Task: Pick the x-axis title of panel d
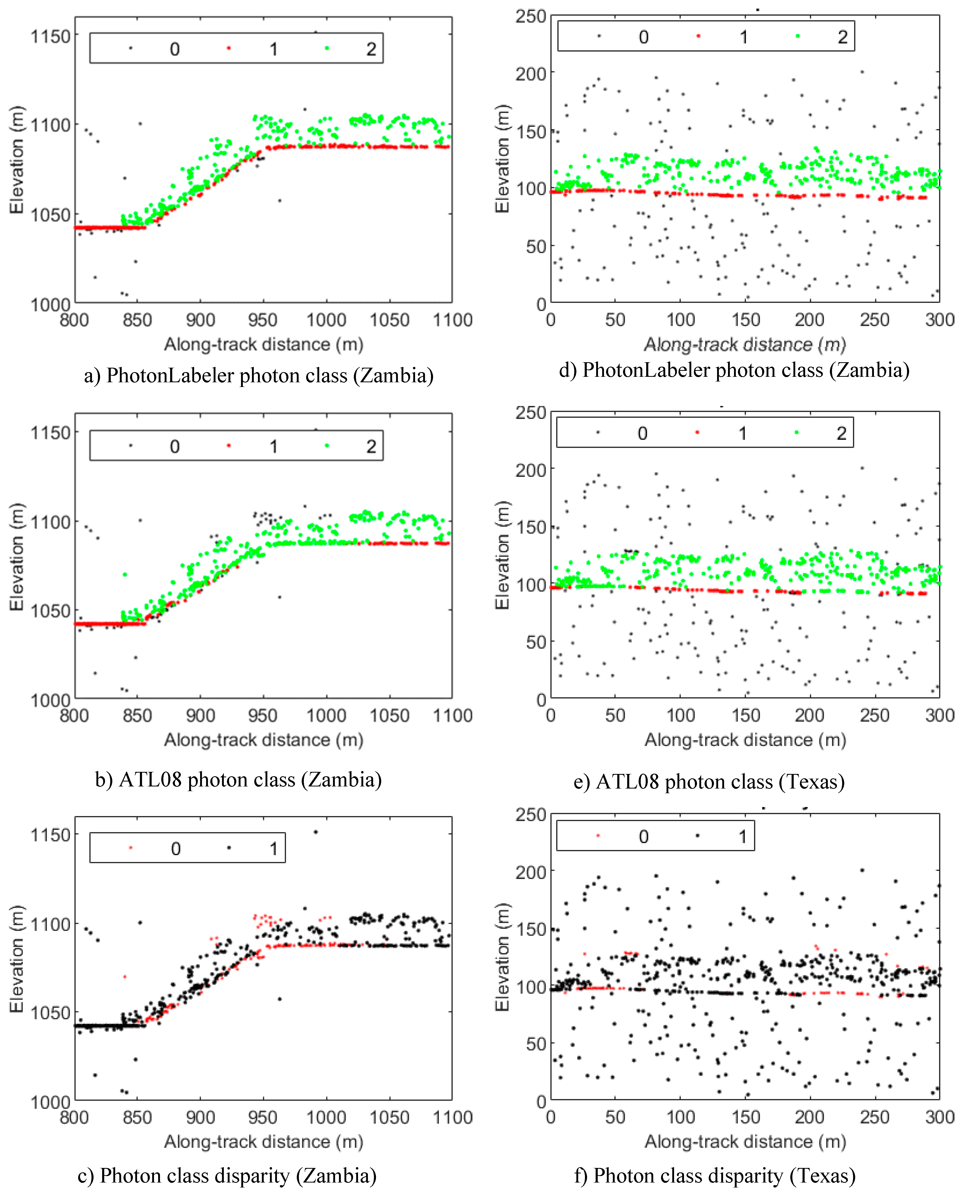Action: point(745,345)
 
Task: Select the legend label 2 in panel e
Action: point(841,433)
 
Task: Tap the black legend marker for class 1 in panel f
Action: point(697,835)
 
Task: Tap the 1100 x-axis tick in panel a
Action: point(452,320)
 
